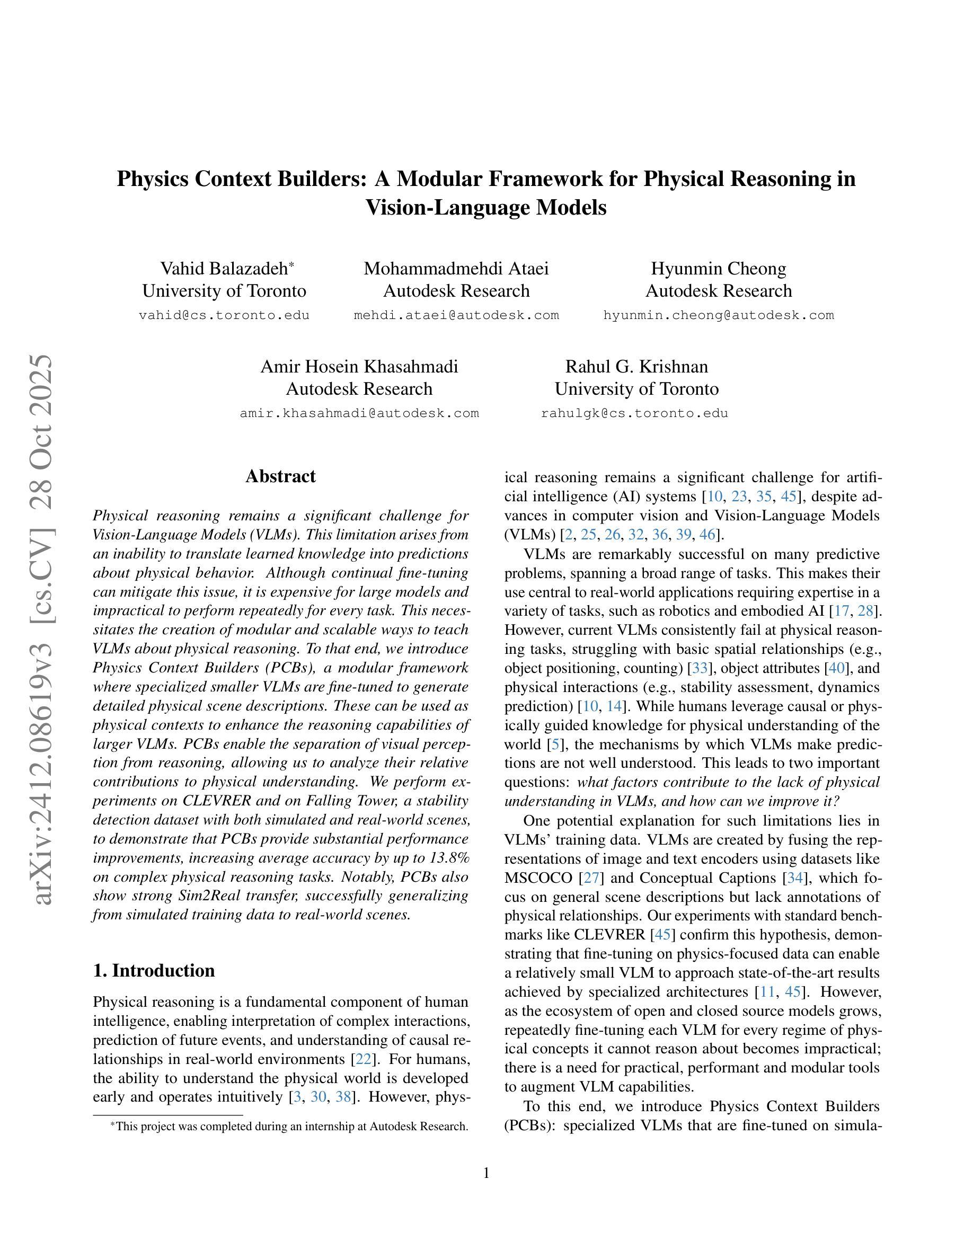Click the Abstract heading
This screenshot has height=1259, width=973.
[x=280, y=476]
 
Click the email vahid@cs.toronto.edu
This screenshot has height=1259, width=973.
[x=224, y=315]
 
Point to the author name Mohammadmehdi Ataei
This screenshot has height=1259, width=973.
[x=456, y=269]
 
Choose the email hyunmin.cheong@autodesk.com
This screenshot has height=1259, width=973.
[x=718, y=315]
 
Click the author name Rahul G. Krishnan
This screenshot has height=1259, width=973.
[x=636, y=367]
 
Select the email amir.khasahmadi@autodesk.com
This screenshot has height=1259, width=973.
[x=359, y=413]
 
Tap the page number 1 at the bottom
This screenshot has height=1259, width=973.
[x=486, y=1173]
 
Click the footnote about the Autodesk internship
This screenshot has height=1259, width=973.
[x=289, y=1127]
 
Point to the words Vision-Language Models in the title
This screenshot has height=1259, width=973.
[x=486, y=208]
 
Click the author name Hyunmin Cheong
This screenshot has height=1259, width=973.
[x=718, y=269]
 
